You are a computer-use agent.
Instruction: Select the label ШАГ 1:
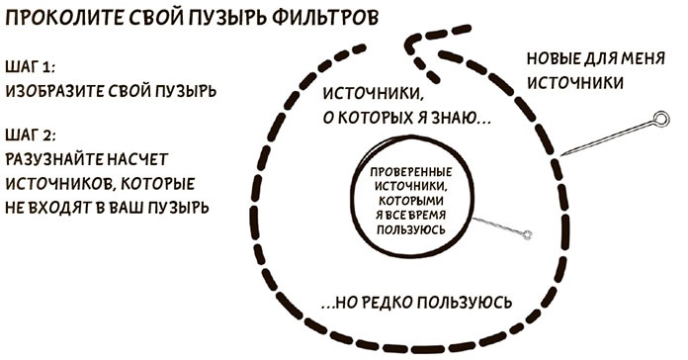[30, 66]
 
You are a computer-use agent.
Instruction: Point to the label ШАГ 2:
[30, 134]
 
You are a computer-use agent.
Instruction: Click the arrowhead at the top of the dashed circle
[416, 45]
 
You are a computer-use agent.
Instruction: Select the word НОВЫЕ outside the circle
[555, 57]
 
